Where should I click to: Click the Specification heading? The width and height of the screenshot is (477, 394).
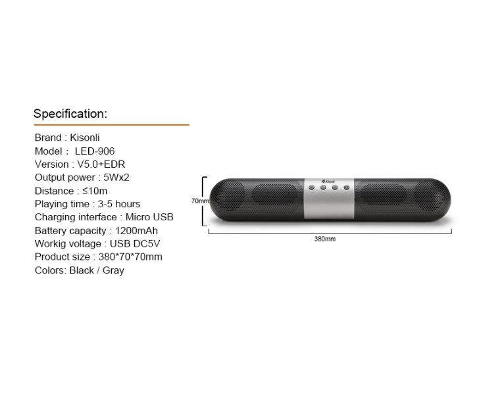pos(70,114)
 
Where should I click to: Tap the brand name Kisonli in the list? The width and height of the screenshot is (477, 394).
pos(85,137)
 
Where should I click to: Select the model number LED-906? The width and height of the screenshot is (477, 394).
pos(95,151)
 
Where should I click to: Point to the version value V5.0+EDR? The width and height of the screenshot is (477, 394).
pos(101,164)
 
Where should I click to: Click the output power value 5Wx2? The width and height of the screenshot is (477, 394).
pos(116,178)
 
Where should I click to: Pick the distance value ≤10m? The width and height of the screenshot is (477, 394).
pos(95,191)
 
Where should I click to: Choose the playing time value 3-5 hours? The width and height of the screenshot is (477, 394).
pos(119,204)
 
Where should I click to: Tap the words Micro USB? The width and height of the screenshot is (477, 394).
pos(149,217)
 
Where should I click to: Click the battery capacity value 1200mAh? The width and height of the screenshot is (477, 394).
pos(136,231)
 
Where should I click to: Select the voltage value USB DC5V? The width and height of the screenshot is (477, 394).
pos(135,244)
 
